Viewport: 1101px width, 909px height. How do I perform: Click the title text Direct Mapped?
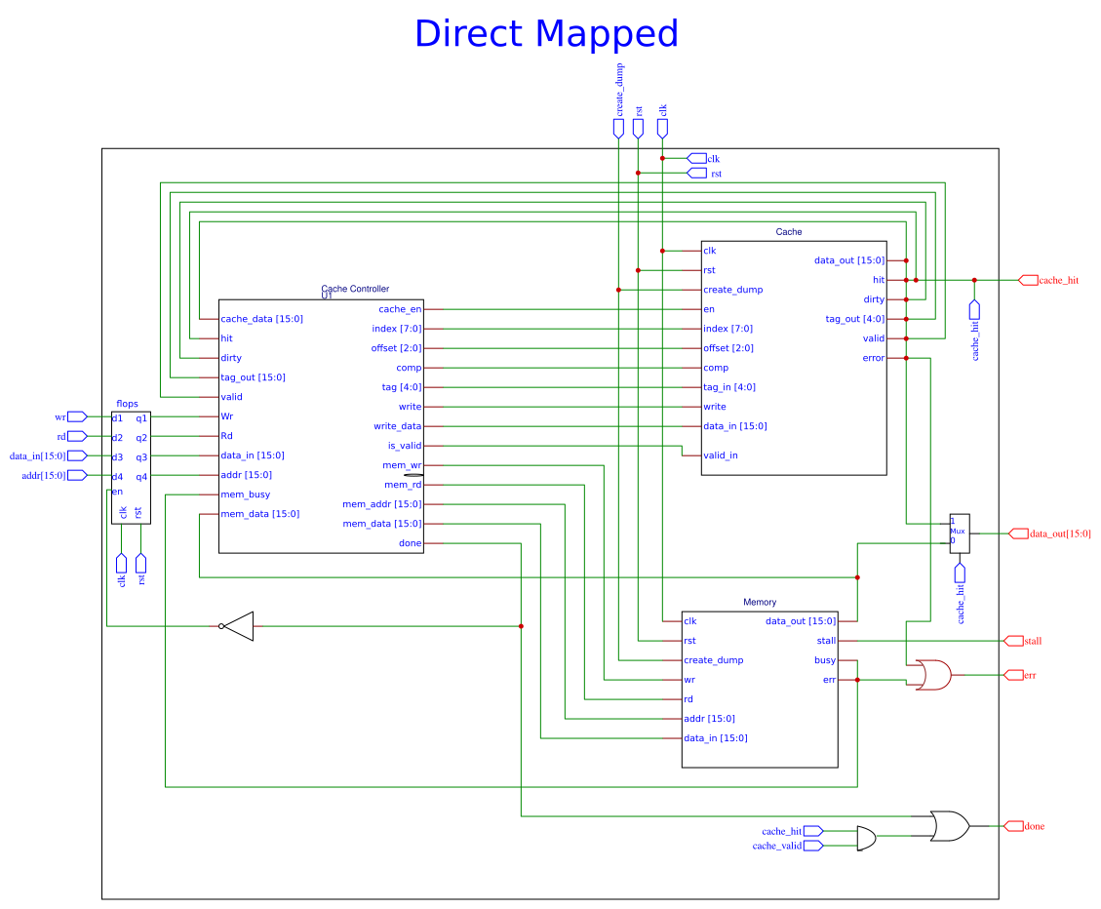[546, 34]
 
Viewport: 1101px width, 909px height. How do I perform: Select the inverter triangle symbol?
[239, 626]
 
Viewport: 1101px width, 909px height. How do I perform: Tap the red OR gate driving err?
[932, 675]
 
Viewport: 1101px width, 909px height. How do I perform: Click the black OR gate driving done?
[949, 826]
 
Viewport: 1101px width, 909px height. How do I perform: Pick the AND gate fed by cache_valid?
[866, 838]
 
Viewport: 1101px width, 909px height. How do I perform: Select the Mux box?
[960, 533]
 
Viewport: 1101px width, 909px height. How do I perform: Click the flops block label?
[127, 404]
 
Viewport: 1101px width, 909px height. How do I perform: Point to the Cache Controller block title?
[355, 289]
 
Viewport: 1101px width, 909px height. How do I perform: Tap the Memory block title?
[760, 603]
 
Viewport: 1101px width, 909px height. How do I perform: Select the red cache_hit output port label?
[1058, 280]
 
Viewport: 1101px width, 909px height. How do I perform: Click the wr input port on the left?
[60, 416]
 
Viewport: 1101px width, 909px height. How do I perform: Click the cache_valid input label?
[776, 846]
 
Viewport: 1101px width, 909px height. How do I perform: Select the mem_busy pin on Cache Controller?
[246, 494]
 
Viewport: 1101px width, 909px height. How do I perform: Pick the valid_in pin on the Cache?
[721, 455]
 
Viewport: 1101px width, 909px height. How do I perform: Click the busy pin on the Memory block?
[825, 660]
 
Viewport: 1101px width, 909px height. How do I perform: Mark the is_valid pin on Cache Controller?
[405, 446]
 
